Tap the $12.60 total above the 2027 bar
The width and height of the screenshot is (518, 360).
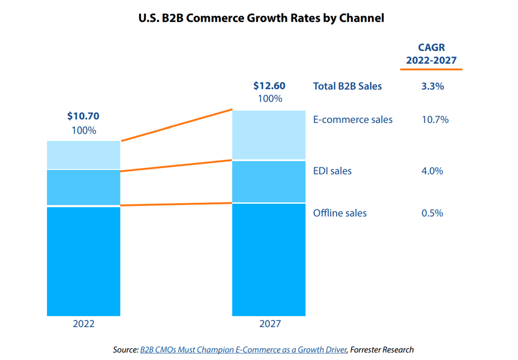pos(269,86)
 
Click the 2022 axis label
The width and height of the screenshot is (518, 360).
pos(83,324)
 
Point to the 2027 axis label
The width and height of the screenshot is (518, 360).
pos(269,324)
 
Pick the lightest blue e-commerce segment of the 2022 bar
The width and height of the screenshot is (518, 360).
pos(83,155)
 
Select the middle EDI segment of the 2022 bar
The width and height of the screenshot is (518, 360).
pos(83,187)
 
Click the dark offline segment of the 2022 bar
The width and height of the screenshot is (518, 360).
pos(83,261)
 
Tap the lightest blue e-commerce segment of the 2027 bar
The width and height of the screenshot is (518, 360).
pos(269,134)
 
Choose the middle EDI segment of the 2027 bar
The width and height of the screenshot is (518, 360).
pos(269,181)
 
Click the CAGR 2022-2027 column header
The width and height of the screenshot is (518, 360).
pos(431,54)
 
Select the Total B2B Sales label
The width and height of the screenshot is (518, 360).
pos(347,86)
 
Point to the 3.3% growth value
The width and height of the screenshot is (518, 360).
pos(432,86)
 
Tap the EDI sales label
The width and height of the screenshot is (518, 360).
pos(332,171)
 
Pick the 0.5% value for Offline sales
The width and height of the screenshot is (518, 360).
pos(432,213)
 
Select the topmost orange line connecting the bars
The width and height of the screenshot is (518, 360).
pos(176,125)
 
